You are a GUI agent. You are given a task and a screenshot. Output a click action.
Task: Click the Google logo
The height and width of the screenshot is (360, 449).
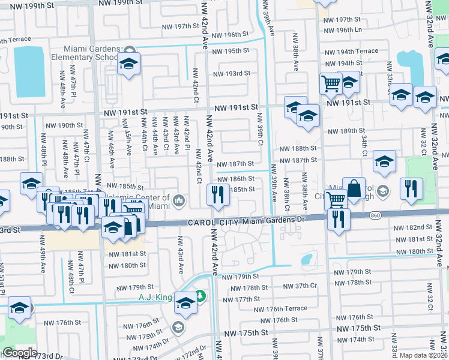point(20,353)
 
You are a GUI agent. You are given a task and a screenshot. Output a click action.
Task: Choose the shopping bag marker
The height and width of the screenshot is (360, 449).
point(354,188)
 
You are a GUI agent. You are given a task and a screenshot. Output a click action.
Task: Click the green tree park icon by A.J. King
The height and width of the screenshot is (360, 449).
point(199,296)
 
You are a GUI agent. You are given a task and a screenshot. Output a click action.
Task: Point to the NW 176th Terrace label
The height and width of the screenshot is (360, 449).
point(280,310)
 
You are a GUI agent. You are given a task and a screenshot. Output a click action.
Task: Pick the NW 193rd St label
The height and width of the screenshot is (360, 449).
point(232,74)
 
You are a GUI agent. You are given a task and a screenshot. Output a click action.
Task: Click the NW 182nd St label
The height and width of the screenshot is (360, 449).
point(413,228)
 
